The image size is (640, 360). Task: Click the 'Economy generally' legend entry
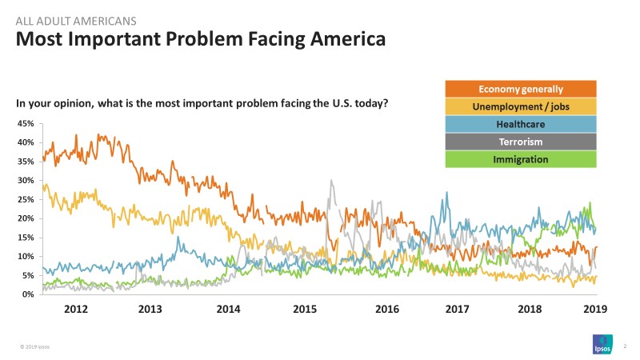pyautogui.click(x=521, y=89)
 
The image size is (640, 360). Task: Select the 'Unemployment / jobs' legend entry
pyautogui.click(x=521, y=106)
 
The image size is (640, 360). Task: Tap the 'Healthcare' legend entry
pyautogui.click(x=521, y=124)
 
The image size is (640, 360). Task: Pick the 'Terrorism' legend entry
pyautogui.click(x=521, y=142)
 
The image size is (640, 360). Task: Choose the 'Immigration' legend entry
pyautogui.click(x=521, y=159)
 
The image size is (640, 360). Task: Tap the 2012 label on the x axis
pyautogui.click(x=75, y=310)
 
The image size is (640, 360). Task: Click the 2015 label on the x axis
pyautogui.click(x=305, y=310)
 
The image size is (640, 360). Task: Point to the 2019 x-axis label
pyautogui.click(x=594, y=310)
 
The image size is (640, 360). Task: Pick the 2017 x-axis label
pyautogui.click(x=457, y=310)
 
